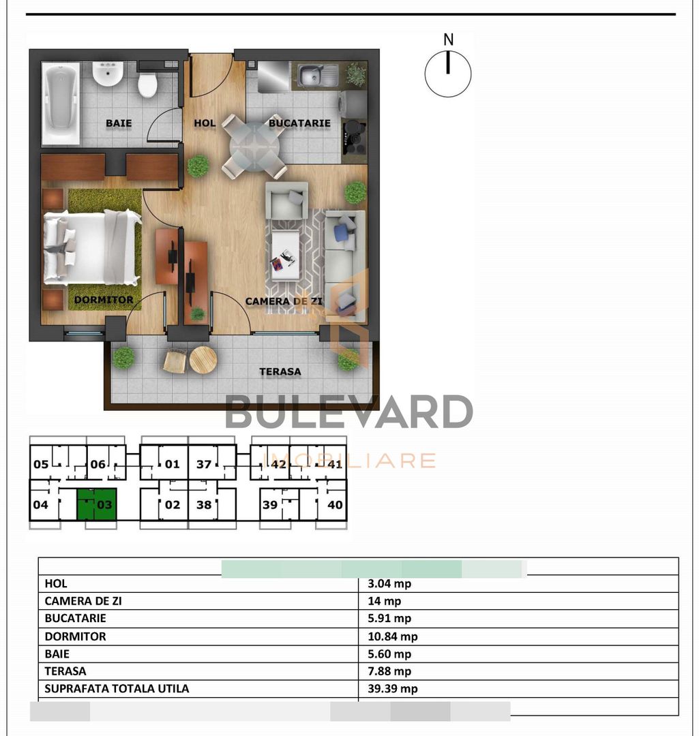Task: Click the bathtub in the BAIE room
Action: (61, 104)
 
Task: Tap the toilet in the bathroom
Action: (147, 85)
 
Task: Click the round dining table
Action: (254, 145)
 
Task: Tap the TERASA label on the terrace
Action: (280, 372)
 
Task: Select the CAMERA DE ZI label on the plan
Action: (284, 301)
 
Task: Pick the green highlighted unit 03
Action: (96, 505)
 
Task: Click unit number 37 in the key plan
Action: (204, 465)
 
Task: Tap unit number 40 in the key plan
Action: (335, 506)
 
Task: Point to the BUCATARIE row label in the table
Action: (76, 619)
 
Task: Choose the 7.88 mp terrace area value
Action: (389, 671)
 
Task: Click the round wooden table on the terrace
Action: (203, 360)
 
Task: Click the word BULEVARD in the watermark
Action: (349, 412)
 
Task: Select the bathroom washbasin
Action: (108, 74)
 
